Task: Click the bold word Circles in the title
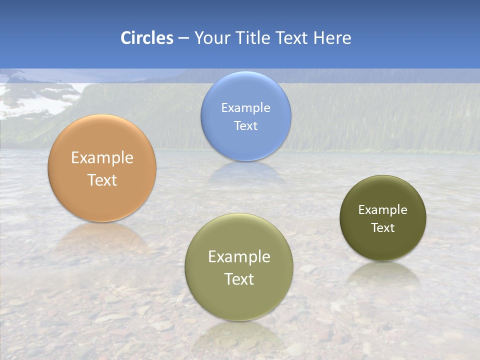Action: tap(146, 38)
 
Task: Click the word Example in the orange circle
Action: tap(102, 158)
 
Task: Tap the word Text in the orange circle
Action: tap(102, 180)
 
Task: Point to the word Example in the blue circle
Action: tap(245, 107)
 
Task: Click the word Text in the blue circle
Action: tap(245, 125)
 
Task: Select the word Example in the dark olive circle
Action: tap(383, 209)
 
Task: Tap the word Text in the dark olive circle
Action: tap(383, 227)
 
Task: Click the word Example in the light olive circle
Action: tap(239, 256)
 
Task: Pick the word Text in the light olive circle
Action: tap(239, 278)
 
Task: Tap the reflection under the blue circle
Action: tap(245, 172)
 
